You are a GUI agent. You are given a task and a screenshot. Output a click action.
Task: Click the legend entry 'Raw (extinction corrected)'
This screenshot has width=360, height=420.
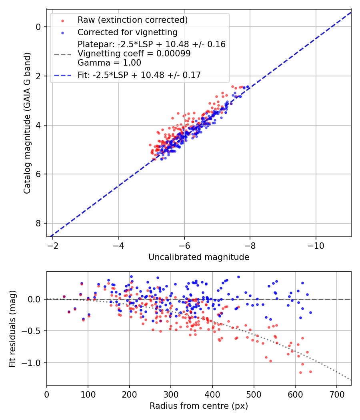point(132,20)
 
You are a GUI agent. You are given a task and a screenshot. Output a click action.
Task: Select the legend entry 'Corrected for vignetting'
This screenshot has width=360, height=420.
point(128,32)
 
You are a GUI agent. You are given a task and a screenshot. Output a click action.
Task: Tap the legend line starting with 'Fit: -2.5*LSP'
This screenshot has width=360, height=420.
point(139,75)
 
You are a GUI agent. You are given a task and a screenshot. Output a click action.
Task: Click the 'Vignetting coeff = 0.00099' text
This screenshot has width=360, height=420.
point(134,54)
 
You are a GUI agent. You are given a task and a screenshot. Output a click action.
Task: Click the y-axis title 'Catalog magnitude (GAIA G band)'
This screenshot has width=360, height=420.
point(27,121)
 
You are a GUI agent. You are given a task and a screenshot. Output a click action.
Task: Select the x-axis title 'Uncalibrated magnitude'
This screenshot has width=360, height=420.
point(199,257)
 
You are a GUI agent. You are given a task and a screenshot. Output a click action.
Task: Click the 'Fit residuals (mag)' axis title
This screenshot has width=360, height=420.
point(13,328)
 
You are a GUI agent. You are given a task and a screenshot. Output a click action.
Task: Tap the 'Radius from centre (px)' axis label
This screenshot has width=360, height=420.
point(199,406)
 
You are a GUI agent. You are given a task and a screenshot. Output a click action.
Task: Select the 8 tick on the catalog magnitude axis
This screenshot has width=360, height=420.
point(39,223)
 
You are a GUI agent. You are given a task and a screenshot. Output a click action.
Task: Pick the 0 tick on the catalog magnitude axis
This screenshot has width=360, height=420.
point(39,27)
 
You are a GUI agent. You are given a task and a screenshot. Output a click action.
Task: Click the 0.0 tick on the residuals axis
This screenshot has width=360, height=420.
point(35,299)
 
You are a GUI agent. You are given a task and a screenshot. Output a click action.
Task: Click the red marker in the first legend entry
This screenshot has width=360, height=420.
point(62,20)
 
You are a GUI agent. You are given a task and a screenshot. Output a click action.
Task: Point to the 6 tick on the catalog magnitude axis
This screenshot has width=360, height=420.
point(39,174)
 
